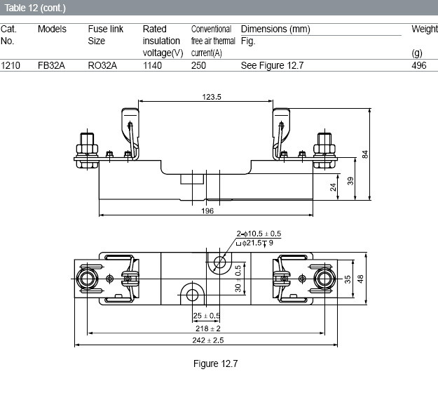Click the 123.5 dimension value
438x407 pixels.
(x=212, y=97)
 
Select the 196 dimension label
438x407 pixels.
(x=207, y=211)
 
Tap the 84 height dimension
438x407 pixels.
(x=365, y=154)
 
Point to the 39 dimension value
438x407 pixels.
(x=350, y=181)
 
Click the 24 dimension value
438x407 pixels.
(x=333, y=187)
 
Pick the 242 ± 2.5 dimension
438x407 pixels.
(x=208, y=340)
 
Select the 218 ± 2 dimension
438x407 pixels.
(x=208, y=328)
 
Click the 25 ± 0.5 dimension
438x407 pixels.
(x=207, y=316)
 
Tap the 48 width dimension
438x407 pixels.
(x=360, y=279)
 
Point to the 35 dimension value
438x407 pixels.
(x=347, y=279)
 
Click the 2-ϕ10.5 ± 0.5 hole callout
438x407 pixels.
(x=259, y=234)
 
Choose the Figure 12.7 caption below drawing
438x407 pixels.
(x=215, y=363)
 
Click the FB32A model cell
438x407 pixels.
(x=51, y=65)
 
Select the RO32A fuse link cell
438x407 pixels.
(x=102, y=65)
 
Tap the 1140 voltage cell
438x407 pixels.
(x=152, y=65)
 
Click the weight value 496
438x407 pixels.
(x=418, y=65)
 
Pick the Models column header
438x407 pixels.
(x=53, y=29)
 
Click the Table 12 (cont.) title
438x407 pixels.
(x=35, y=8)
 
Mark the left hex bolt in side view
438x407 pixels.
(x=87, y=151)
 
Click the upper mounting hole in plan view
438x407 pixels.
(x=219, y=262)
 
